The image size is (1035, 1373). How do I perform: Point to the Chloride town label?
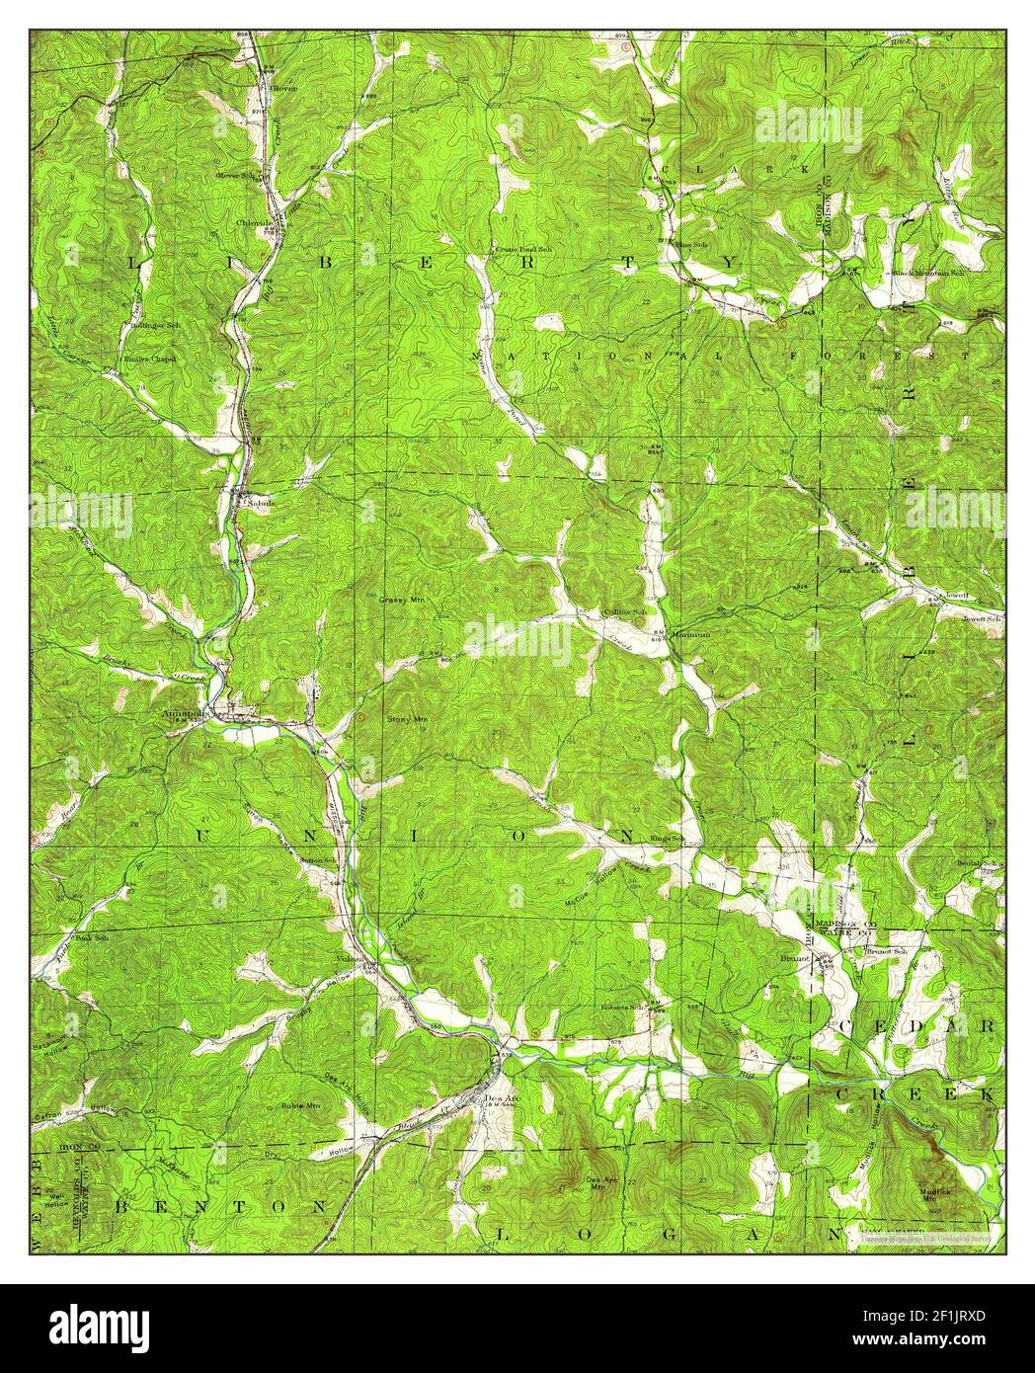(253, 223)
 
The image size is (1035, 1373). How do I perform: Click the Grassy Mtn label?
(400, 600)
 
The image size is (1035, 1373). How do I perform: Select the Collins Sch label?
(625, 612)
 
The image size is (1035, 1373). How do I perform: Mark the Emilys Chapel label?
(149, 360)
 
